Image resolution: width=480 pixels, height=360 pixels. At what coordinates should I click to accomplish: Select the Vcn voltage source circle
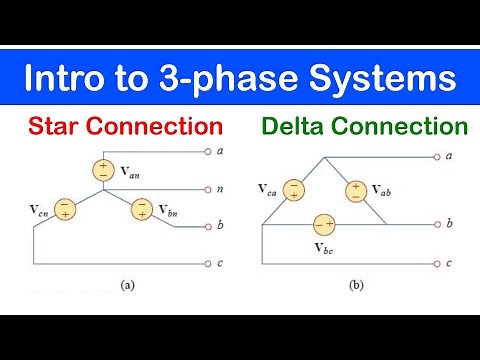pyautogui.click(x=65, y=209)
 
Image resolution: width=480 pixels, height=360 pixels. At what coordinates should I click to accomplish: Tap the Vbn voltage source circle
pyautogui.click(x=143, y=209)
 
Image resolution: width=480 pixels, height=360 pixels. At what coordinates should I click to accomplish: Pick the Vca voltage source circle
pyautogui.click(x=294, y=189)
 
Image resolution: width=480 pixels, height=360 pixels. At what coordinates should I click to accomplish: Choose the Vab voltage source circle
pyautogui.click(x=355, y=189)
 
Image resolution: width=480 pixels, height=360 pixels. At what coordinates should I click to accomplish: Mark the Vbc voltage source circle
pyautogui.click(x=324, y=224)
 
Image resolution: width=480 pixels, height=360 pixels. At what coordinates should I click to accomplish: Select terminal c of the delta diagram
pyautogui.click(x=436, y=262)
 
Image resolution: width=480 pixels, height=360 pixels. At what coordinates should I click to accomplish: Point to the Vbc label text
pyautogui.click(x=325, y=246)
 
